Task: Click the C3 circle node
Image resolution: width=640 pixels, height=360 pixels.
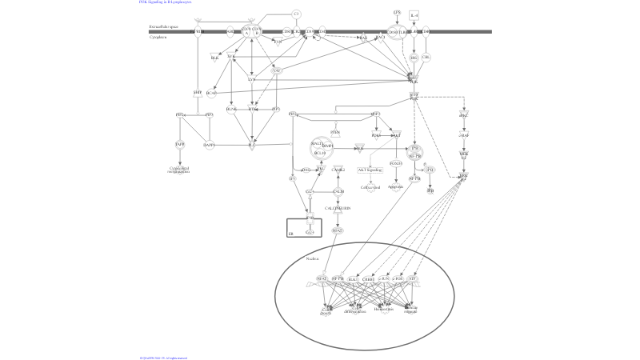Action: click(x=296, y=14)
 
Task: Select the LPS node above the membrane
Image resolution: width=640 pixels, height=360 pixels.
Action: click(x=397, y=13)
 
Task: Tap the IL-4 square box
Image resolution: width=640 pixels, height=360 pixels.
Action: click(x=414, y=15)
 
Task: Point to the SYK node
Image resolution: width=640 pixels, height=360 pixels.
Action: click(x=232, y=57)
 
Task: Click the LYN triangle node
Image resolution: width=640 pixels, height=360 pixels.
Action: click(x=251, y=79)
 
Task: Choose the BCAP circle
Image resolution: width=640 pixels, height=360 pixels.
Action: click(x=211, y=93)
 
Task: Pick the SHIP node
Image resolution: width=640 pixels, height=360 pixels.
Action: click(x=198, y=93)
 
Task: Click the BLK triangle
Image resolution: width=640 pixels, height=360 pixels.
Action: click(x=214, y=57)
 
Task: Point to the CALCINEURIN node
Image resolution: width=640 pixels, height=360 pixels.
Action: click(x=338, y=208)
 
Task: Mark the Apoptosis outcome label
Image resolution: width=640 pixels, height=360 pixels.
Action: click(x=395, y=187)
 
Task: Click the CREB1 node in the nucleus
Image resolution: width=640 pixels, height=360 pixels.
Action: click(x=369, y=278)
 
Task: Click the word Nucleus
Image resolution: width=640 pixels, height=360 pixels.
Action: click(x=312, y=259)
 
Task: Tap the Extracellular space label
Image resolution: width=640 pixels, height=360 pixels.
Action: click(x=163, y=26)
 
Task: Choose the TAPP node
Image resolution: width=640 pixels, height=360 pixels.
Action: click(x=181, y=144)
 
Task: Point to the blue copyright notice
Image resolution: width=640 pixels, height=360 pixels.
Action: click(x=163, y=358)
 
